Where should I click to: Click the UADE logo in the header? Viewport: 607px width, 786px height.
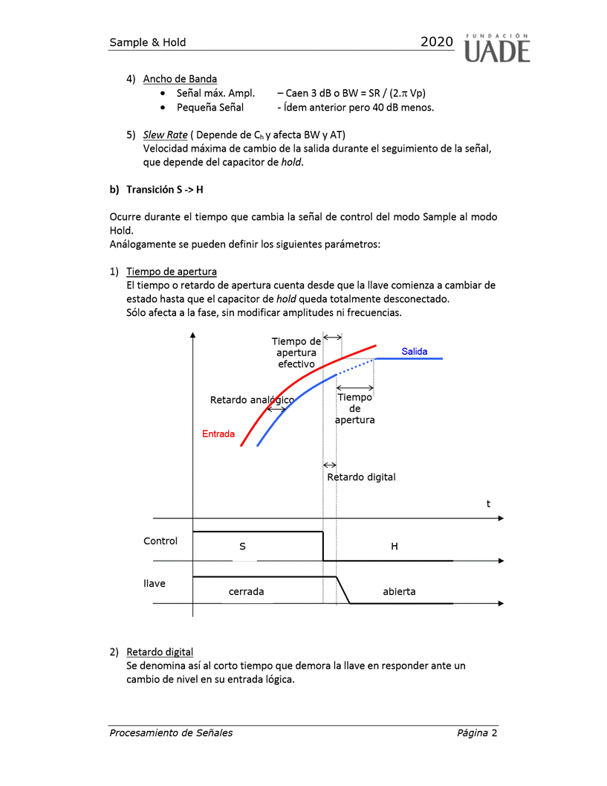497,47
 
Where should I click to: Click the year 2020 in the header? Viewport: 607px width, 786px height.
436,42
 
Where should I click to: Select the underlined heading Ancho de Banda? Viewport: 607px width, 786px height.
180,79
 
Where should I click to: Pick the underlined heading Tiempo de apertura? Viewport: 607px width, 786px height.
171,271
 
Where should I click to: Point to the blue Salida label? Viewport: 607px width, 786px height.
415,352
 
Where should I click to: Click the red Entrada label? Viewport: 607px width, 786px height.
218,434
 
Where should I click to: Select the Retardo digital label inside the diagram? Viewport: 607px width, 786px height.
362,477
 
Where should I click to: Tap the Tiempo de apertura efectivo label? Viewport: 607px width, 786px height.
296,352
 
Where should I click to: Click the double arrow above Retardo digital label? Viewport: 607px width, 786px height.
330,465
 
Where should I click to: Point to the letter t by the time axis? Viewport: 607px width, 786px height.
488,504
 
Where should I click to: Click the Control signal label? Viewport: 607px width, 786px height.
160,541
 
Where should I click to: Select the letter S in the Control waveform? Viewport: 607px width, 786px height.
242,547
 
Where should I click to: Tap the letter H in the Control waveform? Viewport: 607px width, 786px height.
395,547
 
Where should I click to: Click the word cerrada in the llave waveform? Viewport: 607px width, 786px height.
246,592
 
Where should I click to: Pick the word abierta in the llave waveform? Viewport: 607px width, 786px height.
399,592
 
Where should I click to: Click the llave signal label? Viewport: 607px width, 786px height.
155,584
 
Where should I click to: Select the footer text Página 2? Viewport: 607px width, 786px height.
477,732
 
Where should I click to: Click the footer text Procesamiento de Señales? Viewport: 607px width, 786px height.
171,732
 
